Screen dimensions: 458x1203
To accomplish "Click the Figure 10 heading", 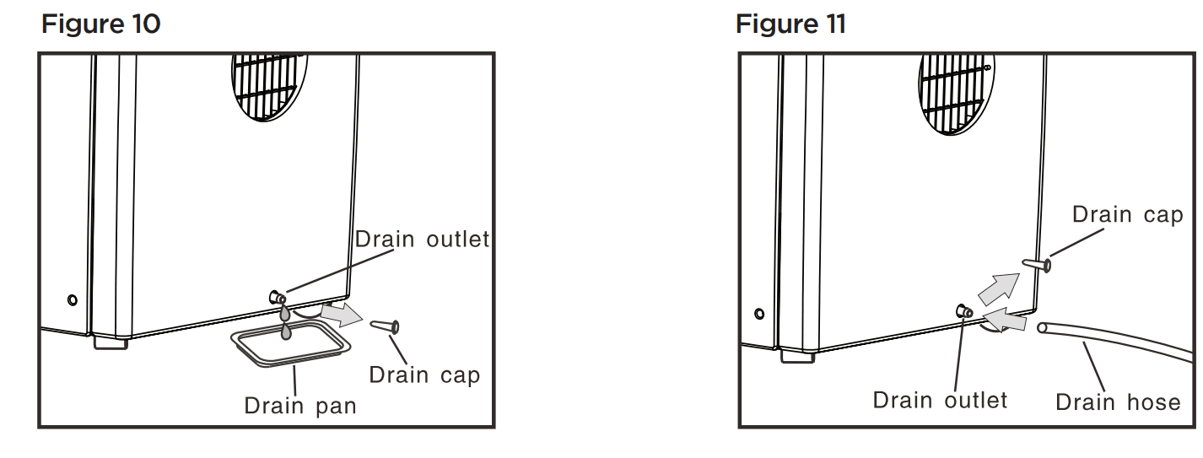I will point(100,24).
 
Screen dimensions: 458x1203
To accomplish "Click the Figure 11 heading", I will point(790,24).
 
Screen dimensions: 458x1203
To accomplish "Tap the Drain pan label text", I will point(300,406).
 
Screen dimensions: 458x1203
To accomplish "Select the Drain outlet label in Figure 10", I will point(422,239).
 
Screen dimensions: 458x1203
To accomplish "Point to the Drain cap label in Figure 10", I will point(424,374).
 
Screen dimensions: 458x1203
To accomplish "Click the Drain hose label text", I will point(1118,401).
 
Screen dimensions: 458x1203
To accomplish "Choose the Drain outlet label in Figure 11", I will point(940,400).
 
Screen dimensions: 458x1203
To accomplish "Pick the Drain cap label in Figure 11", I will point(1127,214).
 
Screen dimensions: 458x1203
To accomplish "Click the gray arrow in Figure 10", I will point(341,314).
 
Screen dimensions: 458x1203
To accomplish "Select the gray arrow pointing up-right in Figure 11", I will point(998,288).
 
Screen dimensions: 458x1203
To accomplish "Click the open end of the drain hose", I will point(1044,326).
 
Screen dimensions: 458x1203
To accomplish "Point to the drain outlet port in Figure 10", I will point(277,298).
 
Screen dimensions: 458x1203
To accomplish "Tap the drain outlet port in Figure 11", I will point(963,312).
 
